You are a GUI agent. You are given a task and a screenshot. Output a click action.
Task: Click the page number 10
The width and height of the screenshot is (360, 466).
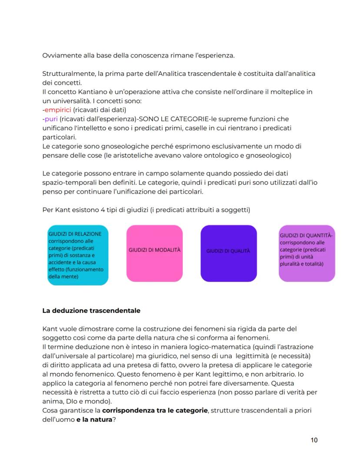click(x=314, y=440)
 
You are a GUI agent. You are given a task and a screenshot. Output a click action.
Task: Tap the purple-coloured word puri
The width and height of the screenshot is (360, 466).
click(x=51, y=119)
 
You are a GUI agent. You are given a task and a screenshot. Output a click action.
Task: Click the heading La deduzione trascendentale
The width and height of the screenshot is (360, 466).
click(x=91, y=311)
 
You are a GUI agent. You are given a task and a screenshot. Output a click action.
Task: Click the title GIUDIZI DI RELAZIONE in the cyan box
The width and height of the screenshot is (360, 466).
click(x=75, y=234)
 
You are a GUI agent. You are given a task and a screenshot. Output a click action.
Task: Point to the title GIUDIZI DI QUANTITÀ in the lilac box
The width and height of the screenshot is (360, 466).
click(x=306, y=235)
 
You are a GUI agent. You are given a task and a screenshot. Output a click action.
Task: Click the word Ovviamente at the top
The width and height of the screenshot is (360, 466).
click(x=60, y=56)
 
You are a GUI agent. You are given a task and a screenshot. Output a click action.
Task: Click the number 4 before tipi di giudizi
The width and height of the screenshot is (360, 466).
click(x=92, y=210)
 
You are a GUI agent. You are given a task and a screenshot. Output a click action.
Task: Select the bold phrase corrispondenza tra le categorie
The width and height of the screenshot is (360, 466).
click(x=155, y=411)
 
